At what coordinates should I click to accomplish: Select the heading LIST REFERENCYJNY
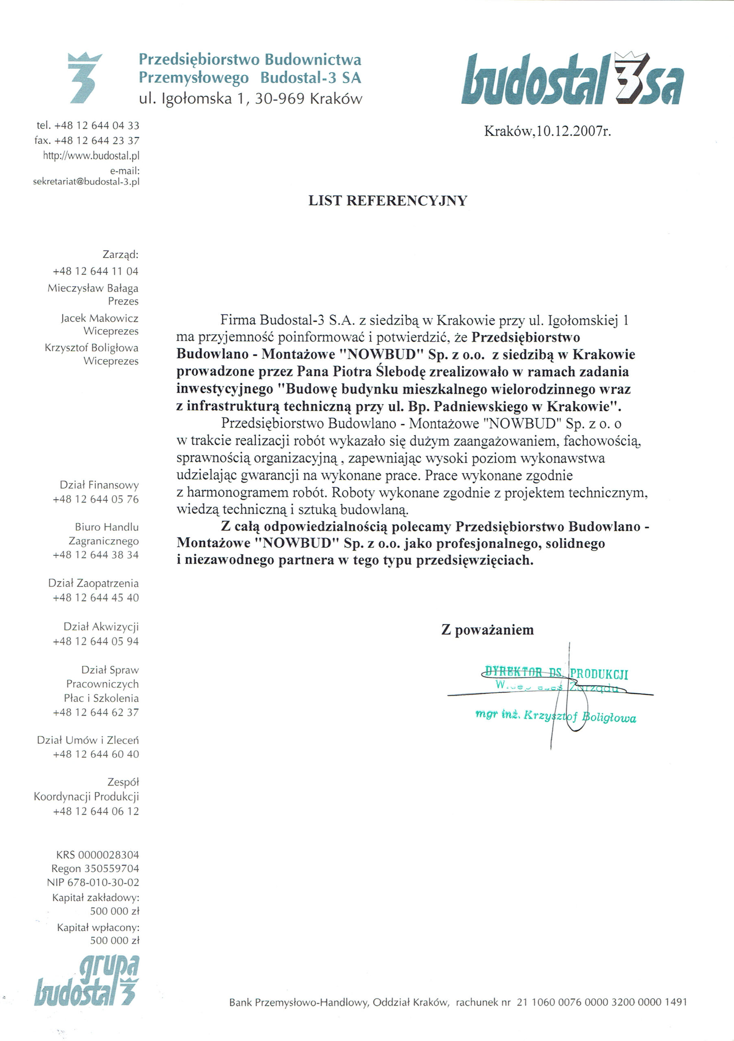click(x=388, y=201)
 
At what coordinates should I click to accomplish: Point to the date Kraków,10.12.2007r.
click(x=548, y=131)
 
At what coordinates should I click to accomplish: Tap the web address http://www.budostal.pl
click(x=91, y=156)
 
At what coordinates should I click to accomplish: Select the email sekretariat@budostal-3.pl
click(x=86, y=182)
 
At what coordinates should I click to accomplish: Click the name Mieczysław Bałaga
click(x=93, y=288)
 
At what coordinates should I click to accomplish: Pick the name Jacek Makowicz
click(x=99, y=318)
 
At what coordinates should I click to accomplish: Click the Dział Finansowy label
click(x=99, y=485)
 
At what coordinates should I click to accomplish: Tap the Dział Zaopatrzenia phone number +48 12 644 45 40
click(x=96, y=598)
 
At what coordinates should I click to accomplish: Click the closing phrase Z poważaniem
click(x=488, y=630)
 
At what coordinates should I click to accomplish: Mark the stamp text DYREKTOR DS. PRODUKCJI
click(x=556, y=673)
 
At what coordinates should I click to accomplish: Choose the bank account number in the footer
click(x=601, y=1002)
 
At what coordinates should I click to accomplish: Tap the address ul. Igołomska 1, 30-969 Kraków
click(x=251, y=98)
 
